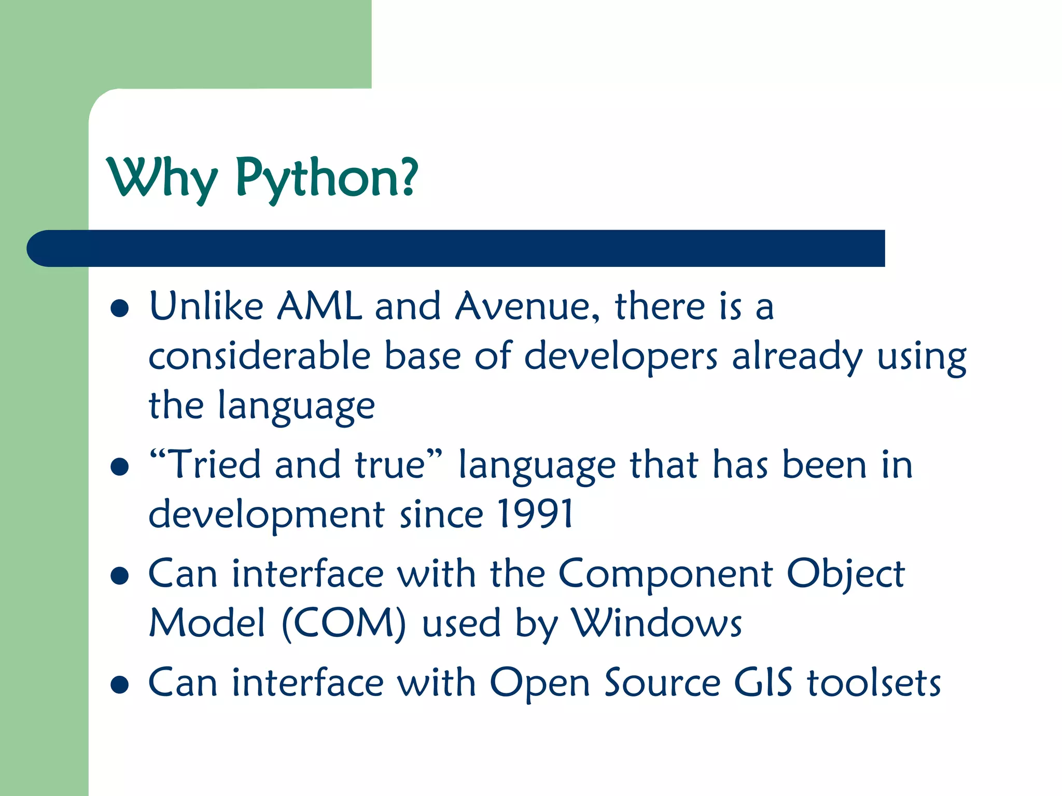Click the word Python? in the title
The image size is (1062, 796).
point(327,179)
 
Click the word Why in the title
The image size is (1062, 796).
point(162,179)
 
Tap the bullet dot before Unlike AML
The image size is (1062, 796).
point(120,308)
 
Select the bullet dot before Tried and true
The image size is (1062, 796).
point(120,466)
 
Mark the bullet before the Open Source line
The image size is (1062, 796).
point(120,685)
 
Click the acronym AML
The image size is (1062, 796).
point(319,306)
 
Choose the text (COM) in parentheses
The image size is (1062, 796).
point(344,623)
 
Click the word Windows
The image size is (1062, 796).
point(656,623)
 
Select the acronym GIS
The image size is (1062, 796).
point(763,683)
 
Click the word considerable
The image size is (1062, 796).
point(259,357)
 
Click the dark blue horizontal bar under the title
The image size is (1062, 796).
point(456,248)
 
